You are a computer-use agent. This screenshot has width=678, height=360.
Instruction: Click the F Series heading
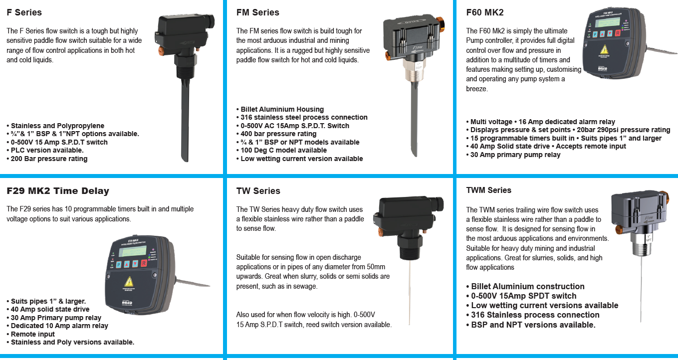24,12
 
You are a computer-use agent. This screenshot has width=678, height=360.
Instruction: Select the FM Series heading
257,12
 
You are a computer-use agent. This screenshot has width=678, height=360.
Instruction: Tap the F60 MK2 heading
485,12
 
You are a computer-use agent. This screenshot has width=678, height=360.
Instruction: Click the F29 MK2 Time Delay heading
58,191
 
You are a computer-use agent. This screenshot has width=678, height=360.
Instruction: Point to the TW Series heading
258,191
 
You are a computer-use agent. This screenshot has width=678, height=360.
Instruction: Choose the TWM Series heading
488,190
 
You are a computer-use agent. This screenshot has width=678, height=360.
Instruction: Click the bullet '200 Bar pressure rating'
47,159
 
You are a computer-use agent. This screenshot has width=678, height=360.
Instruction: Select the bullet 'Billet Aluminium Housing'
280,109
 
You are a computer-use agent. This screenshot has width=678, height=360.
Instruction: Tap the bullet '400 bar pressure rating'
276,134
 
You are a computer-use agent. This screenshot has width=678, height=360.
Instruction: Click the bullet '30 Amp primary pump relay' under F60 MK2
513,155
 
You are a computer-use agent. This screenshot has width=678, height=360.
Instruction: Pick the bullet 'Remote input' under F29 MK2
30,334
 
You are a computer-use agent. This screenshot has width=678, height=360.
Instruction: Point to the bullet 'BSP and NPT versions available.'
531,325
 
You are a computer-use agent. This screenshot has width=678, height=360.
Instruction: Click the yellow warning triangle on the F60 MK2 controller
605,49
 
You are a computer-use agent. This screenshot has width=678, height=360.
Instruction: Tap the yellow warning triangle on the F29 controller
129,281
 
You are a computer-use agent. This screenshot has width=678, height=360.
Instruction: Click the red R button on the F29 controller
144,263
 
